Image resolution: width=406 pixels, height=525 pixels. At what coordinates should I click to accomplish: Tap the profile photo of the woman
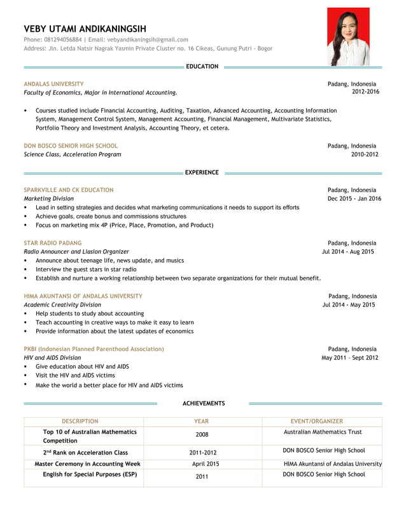[348, 37]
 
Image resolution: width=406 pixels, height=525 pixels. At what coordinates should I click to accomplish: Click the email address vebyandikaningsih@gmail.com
[147, 39]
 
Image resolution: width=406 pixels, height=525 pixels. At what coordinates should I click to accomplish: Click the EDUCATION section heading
[202, 66]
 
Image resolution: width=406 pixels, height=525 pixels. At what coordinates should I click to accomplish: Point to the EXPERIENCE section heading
[202, 172]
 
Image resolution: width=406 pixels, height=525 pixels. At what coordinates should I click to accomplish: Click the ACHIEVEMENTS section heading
[204, 403]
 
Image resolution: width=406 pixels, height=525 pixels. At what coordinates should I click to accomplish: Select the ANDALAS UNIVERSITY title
[53, 83]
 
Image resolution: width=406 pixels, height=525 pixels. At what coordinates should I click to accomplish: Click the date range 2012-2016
[365, 92]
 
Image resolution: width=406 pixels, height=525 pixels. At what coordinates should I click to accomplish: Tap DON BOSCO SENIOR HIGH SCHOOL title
[71, 146]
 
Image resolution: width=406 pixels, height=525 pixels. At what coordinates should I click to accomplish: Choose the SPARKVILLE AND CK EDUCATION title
[69, 189]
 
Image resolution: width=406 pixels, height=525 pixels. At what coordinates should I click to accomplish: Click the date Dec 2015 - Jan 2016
[354, 198]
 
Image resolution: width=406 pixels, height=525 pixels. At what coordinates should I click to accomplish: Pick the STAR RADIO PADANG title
[53, 243]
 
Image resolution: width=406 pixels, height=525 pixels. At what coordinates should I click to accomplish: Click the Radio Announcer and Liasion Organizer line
[76, 252]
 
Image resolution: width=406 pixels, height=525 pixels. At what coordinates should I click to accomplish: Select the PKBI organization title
[94, 349]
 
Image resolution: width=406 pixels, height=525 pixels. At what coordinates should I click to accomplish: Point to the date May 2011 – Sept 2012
[350, 358]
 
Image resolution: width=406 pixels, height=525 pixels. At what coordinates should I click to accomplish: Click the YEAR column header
[201, 421]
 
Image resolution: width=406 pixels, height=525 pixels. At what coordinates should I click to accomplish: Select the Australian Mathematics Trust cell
[323, 432]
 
